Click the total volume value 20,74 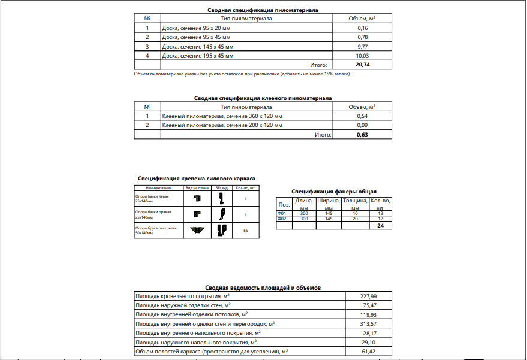click(x=362, y=65)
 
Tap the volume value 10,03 click(x=362, y=56)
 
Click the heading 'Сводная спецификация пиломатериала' click(x=263, y=10)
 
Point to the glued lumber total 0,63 click(x=362, y=135)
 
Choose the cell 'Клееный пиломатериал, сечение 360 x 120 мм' click(x=222, y=116)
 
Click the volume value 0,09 click(x=362, y=125)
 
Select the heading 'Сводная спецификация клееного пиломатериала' click(x=263, y=98)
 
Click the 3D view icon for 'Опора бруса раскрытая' click(x=221, y=231)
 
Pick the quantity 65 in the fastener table click(x=246, y=231)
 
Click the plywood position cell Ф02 click(x=282, y=219)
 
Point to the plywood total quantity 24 click(x=380, y=226)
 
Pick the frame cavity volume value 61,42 click(x=369, y=352)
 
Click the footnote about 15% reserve click(x=242, y=74)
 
